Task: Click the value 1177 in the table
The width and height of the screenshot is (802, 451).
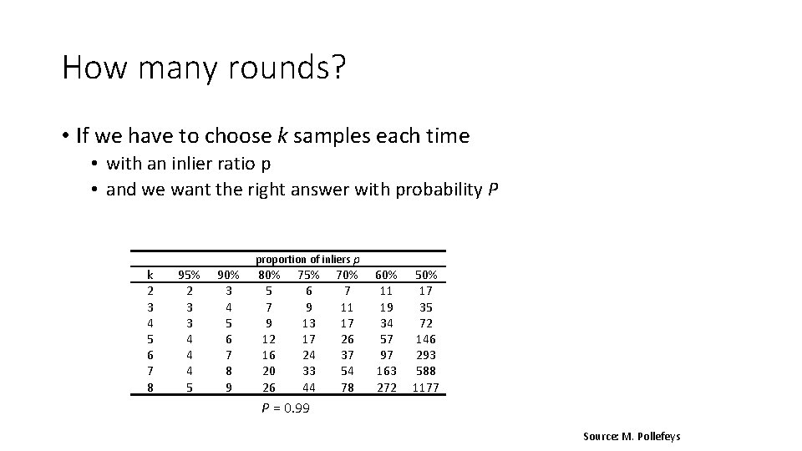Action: coord(425,388)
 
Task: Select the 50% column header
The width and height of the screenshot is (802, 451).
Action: coord(425,275)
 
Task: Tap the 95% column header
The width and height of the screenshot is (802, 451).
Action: coord(189,275)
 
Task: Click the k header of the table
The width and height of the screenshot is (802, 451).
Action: coord(150,275)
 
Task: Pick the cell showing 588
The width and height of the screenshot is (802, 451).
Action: coord(425,371)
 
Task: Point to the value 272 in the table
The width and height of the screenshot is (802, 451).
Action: coord(386,388)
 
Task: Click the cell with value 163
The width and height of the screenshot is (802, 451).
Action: coord(386,371)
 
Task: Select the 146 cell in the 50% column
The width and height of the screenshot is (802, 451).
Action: coord(425,339)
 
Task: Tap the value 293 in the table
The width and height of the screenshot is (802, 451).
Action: coord(425,355)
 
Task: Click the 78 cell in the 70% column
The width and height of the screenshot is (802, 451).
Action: coord(347,388)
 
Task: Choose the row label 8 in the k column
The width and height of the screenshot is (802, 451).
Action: coord(150,388)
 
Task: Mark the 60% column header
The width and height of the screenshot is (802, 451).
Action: coord(386,275)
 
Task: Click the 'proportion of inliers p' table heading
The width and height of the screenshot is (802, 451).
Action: coord(307,260)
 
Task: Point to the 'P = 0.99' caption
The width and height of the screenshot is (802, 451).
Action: coord(287,408)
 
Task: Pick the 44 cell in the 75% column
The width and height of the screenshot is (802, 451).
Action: coord(307,388)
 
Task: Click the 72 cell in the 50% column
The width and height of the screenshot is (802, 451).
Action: coord(425,323)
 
